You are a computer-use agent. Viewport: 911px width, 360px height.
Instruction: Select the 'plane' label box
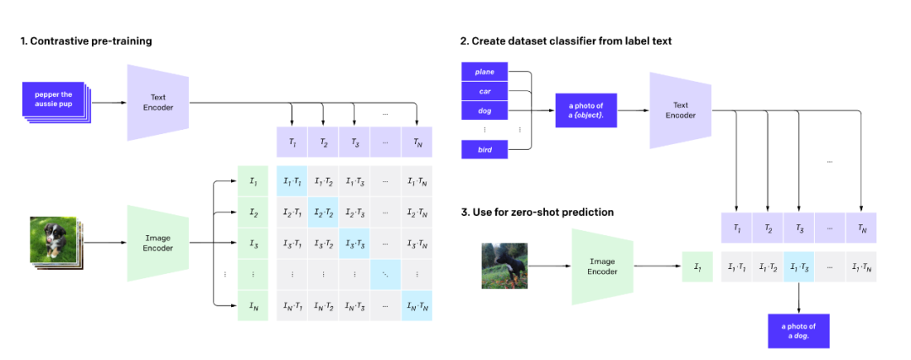(485, 73)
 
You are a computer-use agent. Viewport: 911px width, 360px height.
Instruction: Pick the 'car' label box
(485, 92)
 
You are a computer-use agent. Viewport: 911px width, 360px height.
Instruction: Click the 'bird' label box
(485, 149)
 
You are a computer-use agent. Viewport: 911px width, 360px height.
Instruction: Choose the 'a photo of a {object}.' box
(586, 110)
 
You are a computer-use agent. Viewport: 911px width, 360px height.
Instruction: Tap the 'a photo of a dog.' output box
(799, 330)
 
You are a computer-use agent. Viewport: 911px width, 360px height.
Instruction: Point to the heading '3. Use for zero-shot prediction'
(536, 211)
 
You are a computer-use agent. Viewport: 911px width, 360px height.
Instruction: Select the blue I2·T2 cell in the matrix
(324, 212)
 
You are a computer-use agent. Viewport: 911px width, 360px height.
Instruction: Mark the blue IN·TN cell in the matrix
(417, 305)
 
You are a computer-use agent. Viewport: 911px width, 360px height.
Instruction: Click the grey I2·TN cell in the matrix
(417, 212)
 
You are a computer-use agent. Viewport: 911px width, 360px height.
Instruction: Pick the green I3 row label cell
(253, 244)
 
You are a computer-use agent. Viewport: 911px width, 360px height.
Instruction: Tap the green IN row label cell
(253, 305)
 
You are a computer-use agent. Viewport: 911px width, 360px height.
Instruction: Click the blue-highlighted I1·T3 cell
(799, 266)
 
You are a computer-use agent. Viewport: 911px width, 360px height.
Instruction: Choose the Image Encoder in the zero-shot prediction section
(602, 266)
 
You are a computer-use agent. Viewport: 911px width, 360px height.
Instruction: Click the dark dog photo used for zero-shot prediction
(504, 266)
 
